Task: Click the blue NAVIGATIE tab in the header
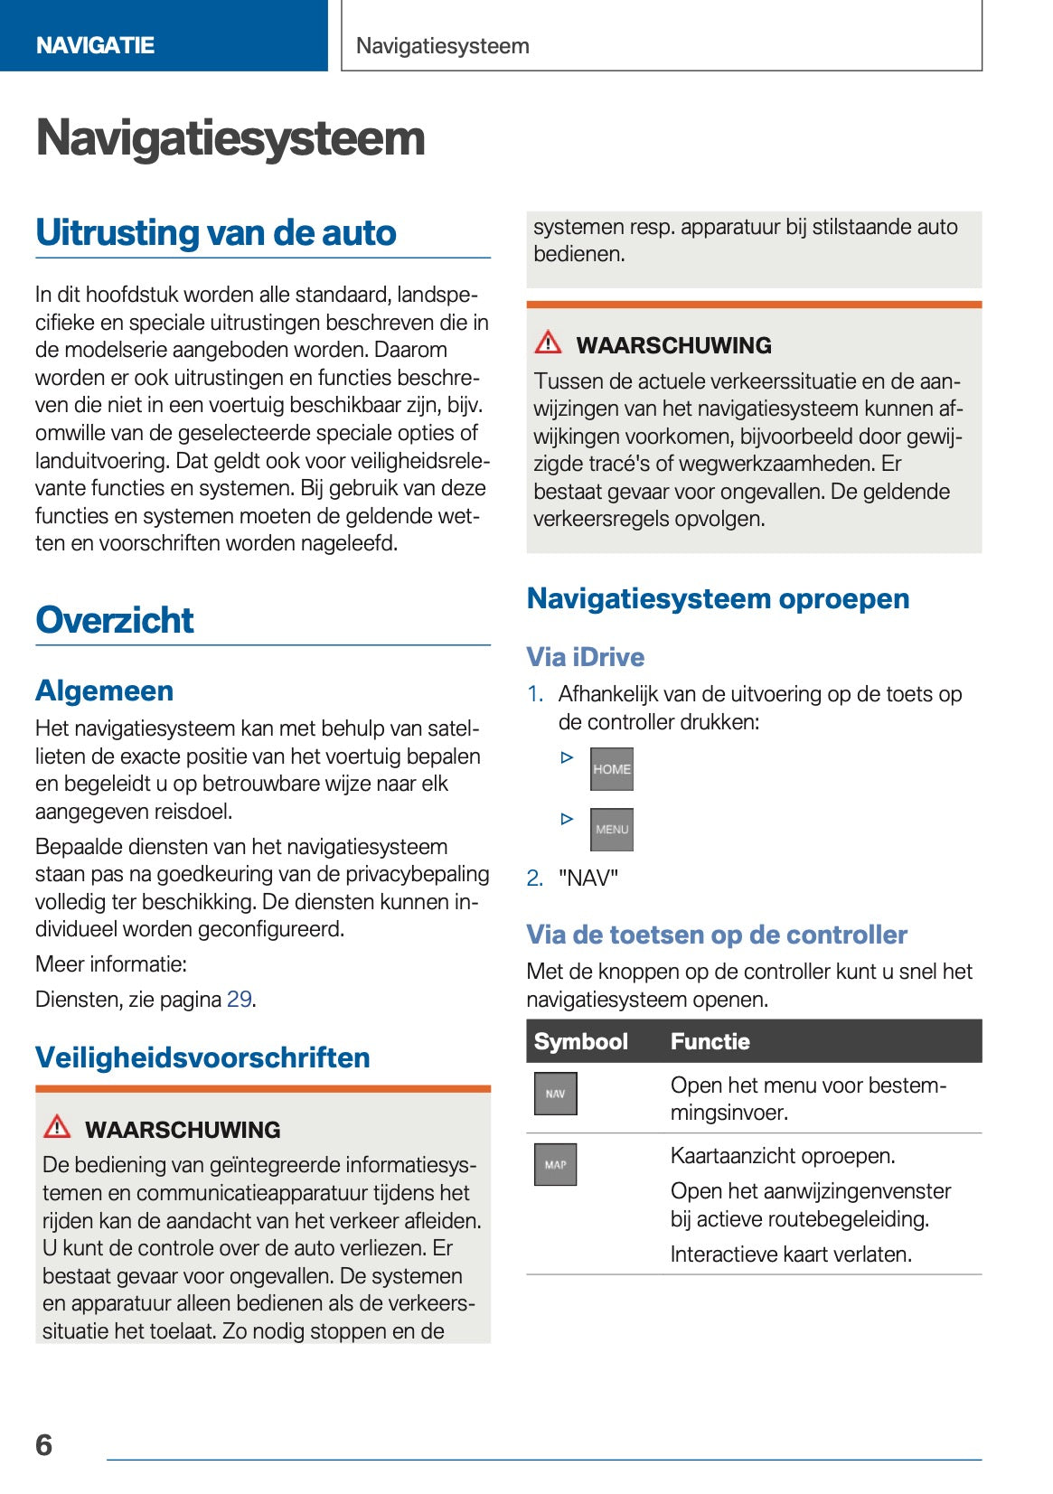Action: point(95,45)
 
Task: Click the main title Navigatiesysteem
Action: point(230,138)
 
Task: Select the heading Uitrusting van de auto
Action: point(216,233)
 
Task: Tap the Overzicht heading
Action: point(115,620)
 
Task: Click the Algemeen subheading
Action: point(104,691)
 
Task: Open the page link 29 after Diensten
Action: point(239,999)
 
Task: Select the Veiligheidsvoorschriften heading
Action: point(202,1057)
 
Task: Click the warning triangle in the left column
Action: point(57,1126)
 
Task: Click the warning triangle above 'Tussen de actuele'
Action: point(548,343)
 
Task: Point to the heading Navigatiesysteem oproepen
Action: point(718,598)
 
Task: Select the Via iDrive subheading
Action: point(585,657)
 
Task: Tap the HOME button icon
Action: point(611,769)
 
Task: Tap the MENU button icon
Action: point(611,829)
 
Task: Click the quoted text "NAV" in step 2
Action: point(588,878)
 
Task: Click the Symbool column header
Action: point(580,1041)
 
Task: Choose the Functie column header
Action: point(710,1041)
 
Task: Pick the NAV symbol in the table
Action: point(555,1094)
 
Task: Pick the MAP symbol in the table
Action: point(555,1164)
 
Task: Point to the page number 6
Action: point(44,1445)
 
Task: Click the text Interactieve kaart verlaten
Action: point(791,1254)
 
